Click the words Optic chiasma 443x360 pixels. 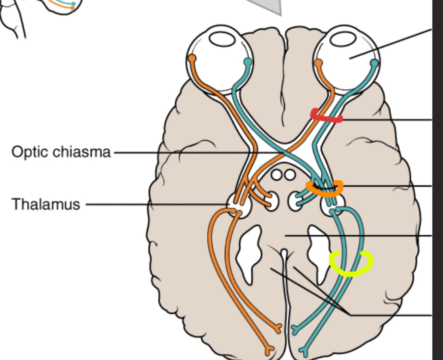[61, 152]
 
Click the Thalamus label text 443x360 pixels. [46, 204]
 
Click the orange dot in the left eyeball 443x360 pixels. [192, 59]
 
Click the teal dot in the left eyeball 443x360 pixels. [248, 62]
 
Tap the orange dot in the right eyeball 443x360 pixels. [318, 63]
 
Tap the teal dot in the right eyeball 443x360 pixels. [374, 63]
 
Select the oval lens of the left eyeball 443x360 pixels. [222, 39]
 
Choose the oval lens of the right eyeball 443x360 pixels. [343, 39]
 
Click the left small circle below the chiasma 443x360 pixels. [277, 175]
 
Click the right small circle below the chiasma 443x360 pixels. [290, 175]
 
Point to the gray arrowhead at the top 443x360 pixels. [268, 6]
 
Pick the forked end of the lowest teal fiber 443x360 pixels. [304, 352]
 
